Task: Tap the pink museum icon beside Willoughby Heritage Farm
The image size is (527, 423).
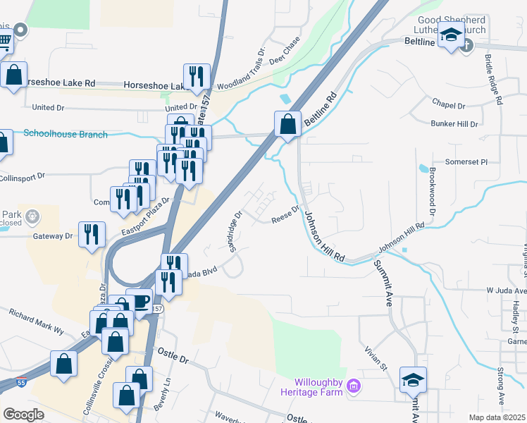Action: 354,386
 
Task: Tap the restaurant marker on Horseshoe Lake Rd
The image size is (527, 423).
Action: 197,77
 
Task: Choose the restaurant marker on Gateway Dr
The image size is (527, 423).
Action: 92,235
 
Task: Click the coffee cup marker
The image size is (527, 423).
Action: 139,302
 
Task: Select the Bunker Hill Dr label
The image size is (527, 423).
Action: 454,123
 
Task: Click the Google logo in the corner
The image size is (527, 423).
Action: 24,414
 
